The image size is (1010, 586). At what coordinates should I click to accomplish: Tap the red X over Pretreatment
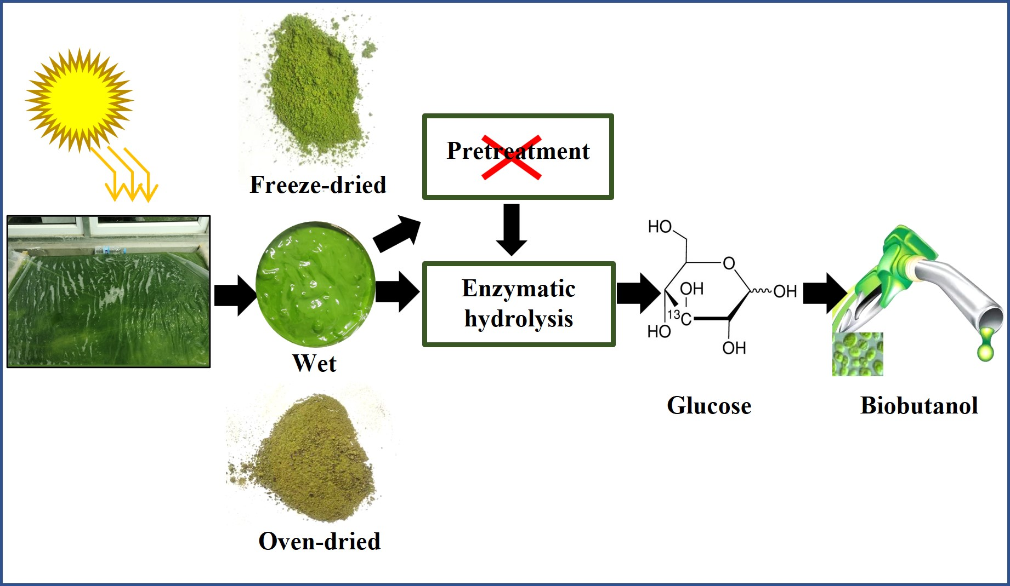[512, 157]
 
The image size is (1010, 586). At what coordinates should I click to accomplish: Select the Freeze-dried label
[317, 185]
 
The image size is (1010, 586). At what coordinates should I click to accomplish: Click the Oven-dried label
[319, 541]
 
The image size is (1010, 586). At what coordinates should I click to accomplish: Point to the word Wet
[314, 363]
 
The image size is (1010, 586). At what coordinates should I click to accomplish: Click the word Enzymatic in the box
[518, 289]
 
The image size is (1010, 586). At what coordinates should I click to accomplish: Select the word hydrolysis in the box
[518, 319]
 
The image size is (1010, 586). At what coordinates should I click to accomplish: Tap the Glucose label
[708, 406]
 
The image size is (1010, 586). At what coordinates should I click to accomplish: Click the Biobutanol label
[919, 406]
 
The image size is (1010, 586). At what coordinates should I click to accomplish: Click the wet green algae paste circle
[315, 284]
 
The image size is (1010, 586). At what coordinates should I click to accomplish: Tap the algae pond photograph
[109, 291]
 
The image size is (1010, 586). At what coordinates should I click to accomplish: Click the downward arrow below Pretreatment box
[511, 229]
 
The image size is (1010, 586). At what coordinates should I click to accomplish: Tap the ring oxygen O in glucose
[729, 263]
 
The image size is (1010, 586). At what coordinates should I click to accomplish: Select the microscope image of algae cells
[858, 354]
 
